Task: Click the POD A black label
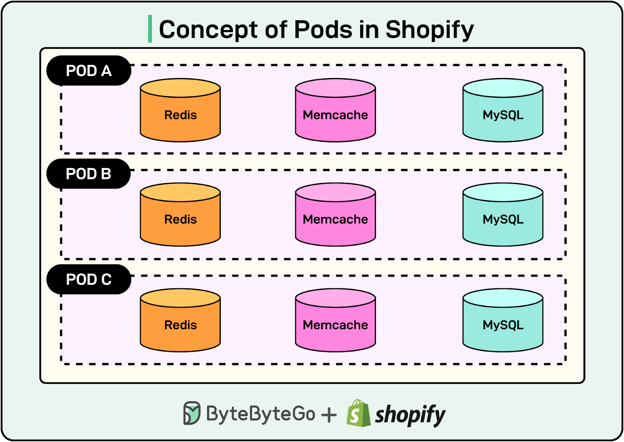pos(89,71)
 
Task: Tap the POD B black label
pos(89,174)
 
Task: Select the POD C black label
pos(89,279)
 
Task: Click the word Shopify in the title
pos(429,30)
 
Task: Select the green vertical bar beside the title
pos(150,29)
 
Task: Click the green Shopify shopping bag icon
pos(358,414)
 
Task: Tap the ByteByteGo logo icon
pos(191,413)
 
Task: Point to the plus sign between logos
pos(329,415)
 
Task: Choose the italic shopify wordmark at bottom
pos(410,415)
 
